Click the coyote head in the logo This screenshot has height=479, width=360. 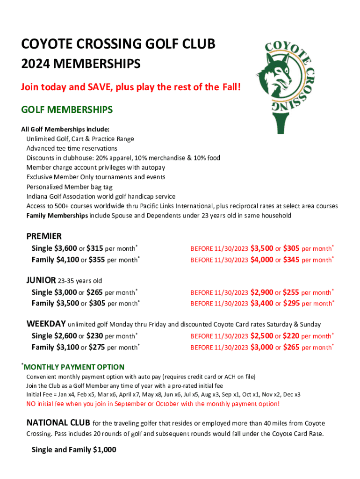(280, 74)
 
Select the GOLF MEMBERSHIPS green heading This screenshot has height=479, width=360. (67, 110)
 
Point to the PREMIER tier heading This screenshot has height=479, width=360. (44, 236)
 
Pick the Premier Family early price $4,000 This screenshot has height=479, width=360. (262, 259)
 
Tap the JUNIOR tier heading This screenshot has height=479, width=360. (40, 281)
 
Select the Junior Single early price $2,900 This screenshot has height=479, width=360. (262, 292)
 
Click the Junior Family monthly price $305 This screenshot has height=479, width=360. (96, 303)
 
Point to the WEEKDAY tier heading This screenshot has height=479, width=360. (46, 324)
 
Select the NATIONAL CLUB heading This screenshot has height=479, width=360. (58, 423)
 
